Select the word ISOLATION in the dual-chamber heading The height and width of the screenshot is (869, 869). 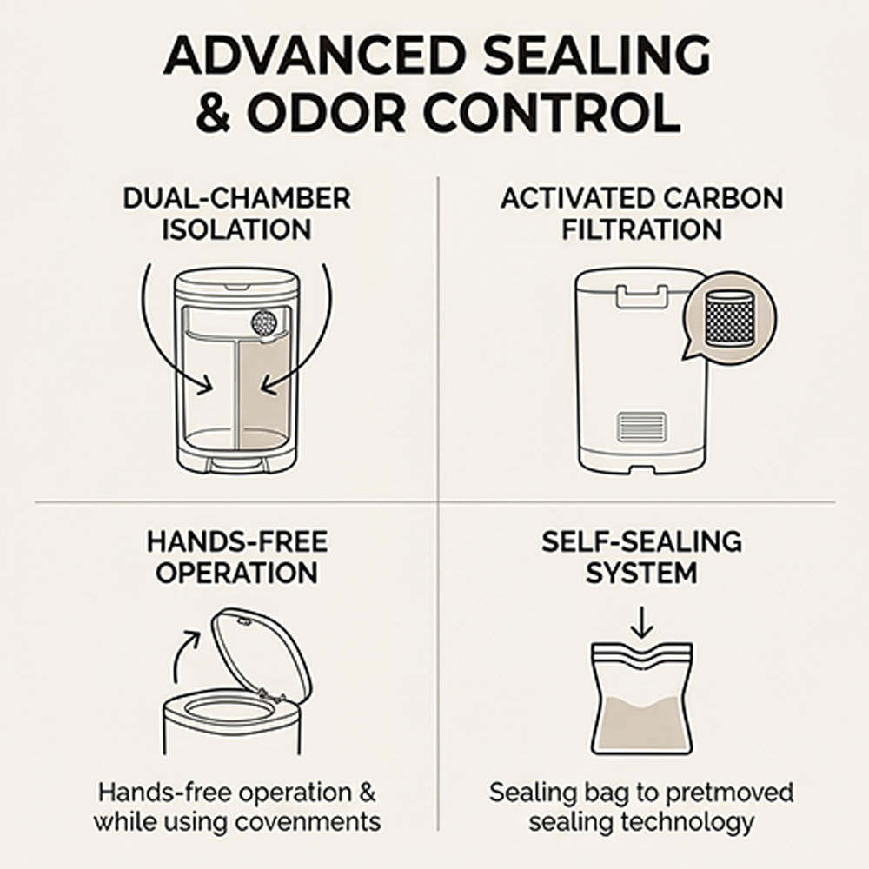(x=236, y=229)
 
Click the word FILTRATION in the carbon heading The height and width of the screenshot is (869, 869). (x=642, y=229)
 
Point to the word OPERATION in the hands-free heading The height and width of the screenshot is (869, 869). (x=236, y=573)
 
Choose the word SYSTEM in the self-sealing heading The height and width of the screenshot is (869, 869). (x=641, y=573)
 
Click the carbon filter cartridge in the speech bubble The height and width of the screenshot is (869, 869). (x=731, y=318)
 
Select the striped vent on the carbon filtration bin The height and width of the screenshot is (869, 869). (x=642, y=427)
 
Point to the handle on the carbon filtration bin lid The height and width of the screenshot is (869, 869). (x=642, y=296)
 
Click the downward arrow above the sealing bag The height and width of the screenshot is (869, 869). (x=642, y=622)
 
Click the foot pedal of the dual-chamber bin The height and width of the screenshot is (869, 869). (x=237, y=467)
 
